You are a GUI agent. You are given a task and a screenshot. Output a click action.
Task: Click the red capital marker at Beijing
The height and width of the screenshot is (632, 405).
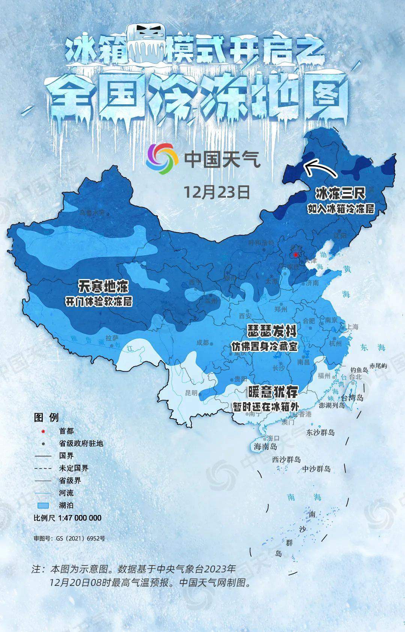pos(295,255)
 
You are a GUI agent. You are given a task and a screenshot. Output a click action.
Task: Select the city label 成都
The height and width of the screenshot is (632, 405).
pos(202,342)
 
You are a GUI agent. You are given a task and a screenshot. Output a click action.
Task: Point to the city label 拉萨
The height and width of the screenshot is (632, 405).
pos(112,338)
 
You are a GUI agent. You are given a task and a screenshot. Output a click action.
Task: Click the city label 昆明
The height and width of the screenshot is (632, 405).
pos(191,393)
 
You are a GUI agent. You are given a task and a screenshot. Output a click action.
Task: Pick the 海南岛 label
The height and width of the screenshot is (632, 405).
pos(265,446)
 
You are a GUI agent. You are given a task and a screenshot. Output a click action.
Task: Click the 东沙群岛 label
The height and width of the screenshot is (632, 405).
pos(320,432)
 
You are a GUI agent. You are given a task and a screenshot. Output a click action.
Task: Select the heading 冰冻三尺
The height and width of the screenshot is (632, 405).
pos(340,194)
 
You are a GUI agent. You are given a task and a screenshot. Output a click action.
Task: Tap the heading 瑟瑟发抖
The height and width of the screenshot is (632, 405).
pos(272,331)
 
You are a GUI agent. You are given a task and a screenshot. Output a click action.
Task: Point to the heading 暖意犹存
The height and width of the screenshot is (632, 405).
pos(273,392)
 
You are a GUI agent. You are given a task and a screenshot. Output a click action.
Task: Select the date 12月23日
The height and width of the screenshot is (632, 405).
pos(217,192)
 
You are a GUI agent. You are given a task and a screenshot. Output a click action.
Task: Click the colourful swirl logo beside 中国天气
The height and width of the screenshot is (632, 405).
pos(162,159)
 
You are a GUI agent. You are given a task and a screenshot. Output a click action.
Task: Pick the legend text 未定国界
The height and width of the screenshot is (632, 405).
pos(73,468)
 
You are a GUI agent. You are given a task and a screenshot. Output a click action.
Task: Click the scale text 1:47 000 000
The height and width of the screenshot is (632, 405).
pos(80,518)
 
